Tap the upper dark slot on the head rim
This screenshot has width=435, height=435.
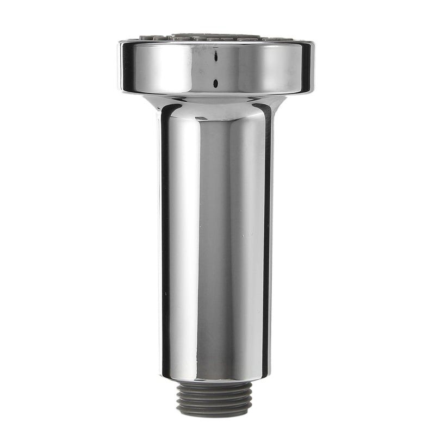(216, 56)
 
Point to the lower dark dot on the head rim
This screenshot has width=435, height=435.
(216, 83)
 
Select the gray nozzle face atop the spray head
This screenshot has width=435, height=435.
(216, 37)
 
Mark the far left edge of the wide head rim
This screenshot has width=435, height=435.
(120, 66)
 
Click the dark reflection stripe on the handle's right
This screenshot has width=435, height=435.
(266, 239)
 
